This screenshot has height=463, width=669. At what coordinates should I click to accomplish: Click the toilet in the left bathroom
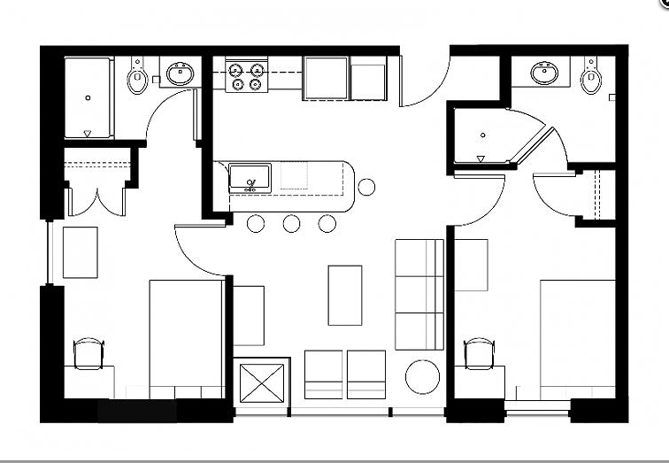137,79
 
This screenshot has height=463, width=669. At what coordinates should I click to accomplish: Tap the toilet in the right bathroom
590,78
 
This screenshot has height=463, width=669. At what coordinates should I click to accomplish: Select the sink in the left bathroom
181,73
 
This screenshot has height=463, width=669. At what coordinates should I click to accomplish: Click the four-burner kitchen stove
247,76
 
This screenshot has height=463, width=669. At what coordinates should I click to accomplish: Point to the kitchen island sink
249,179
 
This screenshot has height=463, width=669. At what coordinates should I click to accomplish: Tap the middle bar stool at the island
291,223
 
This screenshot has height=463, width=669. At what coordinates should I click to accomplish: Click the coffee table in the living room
345,295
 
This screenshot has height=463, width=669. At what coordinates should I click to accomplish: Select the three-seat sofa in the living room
419,294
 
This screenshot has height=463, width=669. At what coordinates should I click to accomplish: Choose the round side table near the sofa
422,377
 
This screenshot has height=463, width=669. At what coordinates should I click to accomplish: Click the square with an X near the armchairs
262,382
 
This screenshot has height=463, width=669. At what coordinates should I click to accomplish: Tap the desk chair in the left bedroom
88,353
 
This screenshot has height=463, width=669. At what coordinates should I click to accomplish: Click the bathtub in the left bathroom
88,97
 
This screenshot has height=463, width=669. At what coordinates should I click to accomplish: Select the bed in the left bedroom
186,336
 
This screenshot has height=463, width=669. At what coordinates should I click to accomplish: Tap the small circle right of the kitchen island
366,187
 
